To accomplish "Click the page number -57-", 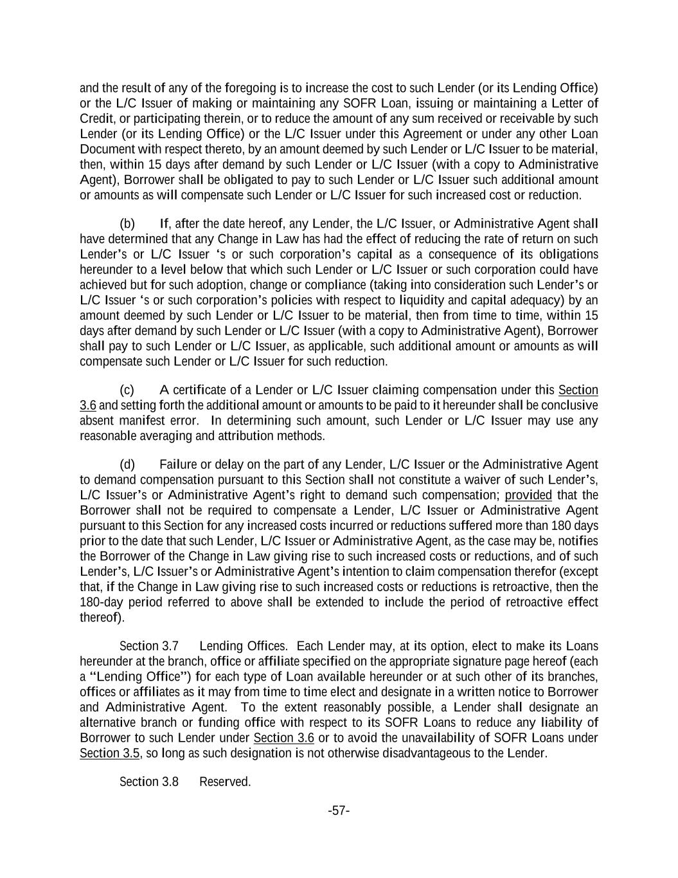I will pos(339,810).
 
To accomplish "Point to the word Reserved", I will pos(225,782).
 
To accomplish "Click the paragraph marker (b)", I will pos(127,224).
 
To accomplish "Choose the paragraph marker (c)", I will pos(127,390).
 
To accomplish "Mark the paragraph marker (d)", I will pos(127,464).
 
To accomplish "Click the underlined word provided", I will pos(528,495).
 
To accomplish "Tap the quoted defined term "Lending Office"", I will pos(138,677).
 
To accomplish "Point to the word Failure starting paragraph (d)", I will pos(179,464).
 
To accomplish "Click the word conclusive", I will pos(572,405).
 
